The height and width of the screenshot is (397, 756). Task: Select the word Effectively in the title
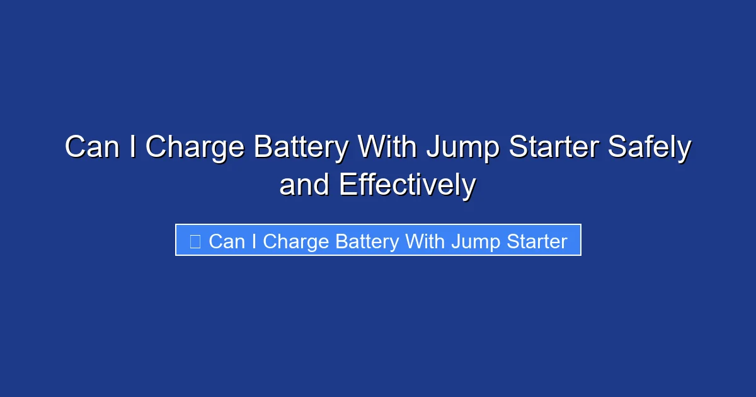[x=407, y=185]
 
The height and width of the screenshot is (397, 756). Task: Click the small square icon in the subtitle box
[x=195, y=241]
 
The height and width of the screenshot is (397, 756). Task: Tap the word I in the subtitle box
[x=253, y=241]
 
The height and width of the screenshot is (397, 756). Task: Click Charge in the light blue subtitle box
[x=295, y=242]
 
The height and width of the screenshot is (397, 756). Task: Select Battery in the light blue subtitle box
[x=367, y=242]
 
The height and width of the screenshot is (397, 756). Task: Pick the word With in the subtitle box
[x=427, y=241]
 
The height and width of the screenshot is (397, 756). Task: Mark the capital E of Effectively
[x=348, y=185]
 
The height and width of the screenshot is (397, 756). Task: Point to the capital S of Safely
[x=616, y=148]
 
